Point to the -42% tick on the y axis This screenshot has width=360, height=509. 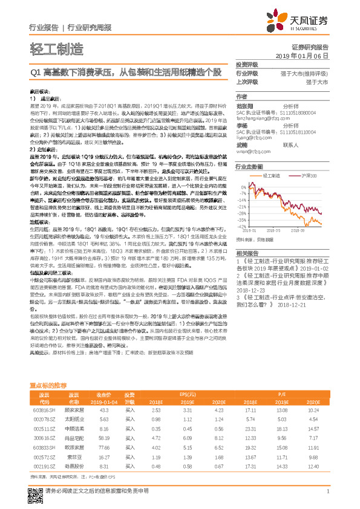pyautogui.click(x=241, y=210)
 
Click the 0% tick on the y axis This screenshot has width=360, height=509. pyautogui.click(x=242, y=180)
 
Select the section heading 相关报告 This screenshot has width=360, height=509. pyautogui.click(x=247, y=236)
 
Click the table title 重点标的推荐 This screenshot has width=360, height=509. pyautogui.click(x=50, y=384)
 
